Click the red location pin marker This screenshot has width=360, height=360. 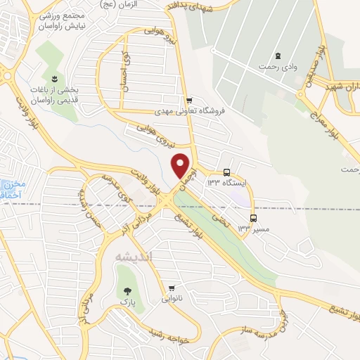(x=181, y=166)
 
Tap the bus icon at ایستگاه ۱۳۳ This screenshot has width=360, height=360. (x=226, y=172)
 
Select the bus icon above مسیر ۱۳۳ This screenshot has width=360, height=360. (x=253, y=218)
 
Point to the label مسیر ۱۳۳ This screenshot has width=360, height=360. (x=250, y=229)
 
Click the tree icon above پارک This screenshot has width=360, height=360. (x=127, y=290)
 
